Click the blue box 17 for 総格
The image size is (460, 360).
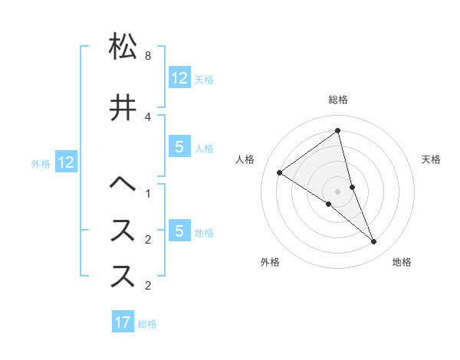point(123,322)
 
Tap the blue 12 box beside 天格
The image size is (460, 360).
point(179,78)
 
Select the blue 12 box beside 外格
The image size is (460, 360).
point(65,162)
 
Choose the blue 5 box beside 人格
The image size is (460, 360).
point(179,147)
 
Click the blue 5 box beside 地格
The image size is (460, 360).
point(179,231)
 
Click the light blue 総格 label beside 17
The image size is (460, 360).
point(147,324)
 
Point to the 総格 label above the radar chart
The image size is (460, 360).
point(337,100)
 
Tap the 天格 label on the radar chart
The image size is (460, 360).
point(431,159)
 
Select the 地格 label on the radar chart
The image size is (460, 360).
point(402,262)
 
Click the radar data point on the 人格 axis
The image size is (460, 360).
point(280,172)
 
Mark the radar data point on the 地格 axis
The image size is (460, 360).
point(374,242)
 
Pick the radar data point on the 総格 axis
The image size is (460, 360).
point(337,131)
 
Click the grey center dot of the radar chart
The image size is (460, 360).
point(337,191)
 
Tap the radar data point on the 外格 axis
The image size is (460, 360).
point(328,204)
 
